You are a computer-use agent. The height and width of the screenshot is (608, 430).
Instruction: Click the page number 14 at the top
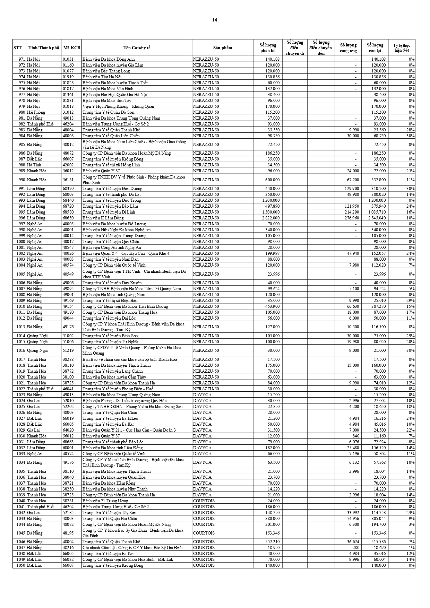click(x=215, y=20)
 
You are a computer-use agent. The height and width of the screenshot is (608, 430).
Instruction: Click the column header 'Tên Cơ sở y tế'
click(x=137, y=48)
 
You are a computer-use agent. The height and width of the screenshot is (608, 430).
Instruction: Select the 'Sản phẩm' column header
click(x=222, y=48)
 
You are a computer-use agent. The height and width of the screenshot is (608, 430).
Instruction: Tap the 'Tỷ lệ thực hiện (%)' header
click(x=402, y=48)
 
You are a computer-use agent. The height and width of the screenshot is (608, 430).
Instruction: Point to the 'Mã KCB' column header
click(x=72, y=48)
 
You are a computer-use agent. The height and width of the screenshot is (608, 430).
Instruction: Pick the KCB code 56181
click(x=68, y=180)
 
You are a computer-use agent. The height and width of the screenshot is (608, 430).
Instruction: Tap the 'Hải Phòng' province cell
click(x=36, y=112)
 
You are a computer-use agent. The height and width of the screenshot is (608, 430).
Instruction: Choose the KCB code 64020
click(x=68, y=430)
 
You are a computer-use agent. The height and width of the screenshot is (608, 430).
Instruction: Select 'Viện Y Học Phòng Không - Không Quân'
click(x=118, y=106)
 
